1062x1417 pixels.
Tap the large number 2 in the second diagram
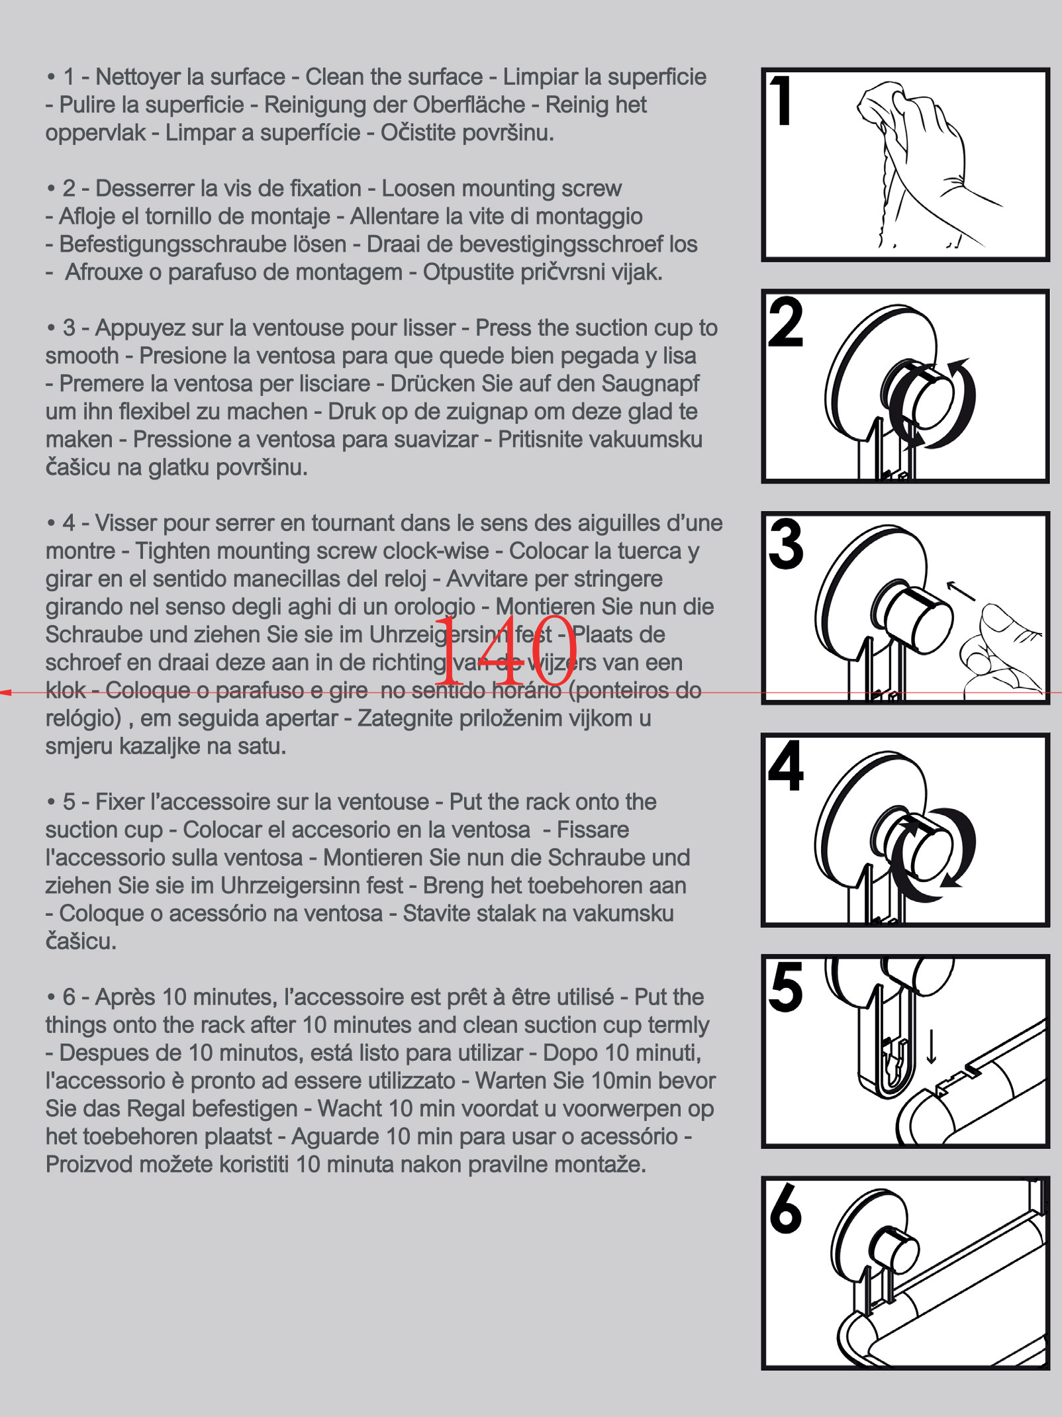tap(785, 322)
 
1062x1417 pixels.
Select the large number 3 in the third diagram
tap(786, 544)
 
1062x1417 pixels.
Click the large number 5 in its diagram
tap(786, 987)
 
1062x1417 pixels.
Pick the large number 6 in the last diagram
tap(785, 1209)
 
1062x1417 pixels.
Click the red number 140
tap(505, 652)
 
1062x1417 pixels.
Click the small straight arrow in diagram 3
tap(961, 591)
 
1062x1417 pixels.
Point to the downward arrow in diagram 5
tap(932, 1046)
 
